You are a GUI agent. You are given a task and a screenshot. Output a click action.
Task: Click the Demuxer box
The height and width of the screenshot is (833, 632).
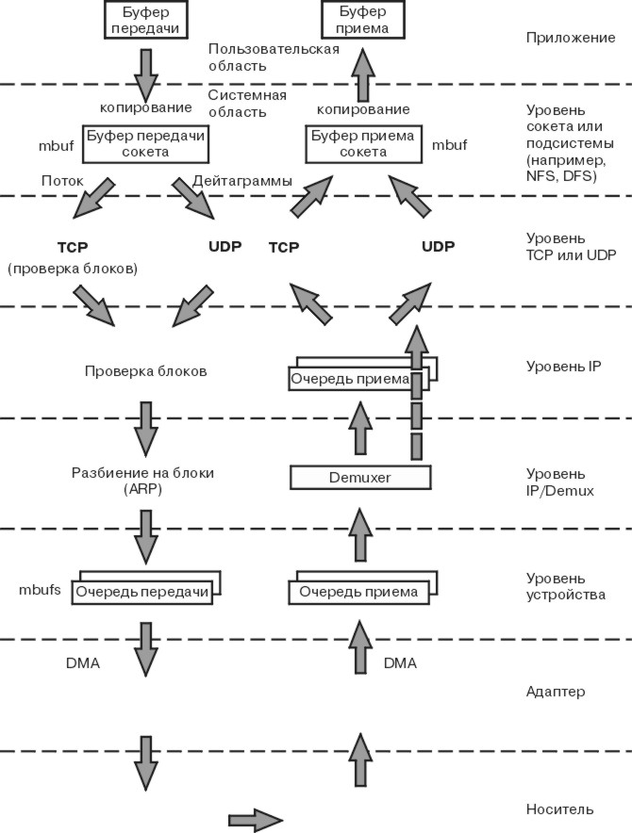[359, 478]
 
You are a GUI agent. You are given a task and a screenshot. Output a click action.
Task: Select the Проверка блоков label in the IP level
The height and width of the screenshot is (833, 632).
[145, 371]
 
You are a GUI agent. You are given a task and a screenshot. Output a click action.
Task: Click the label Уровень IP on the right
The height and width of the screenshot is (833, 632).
[564, 366]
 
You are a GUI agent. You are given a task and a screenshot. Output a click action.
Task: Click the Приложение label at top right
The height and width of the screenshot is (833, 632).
[571, 39]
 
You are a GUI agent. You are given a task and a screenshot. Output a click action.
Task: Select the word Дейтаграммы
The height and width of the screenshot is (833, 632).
[242, 180]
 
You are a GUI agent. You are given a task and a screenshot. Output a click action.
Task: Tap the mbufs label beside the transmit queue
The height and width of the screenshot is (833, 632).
[40, 590]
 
